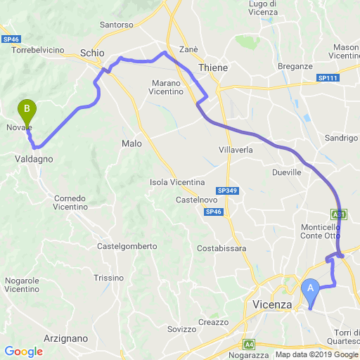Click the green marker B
coord(27,110)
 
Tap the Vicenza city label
coord(271,304)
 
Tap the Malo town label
coord(131,143)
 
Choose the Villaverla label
coord(236,150)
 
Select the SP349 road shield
coord(227,191)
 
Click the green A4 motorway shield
coord(249,345)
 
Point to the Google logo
coord(23,352)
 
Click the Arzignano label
coord(65,338)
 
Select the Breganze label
coord(295,65)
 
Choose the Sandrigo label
coord(342,139)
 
